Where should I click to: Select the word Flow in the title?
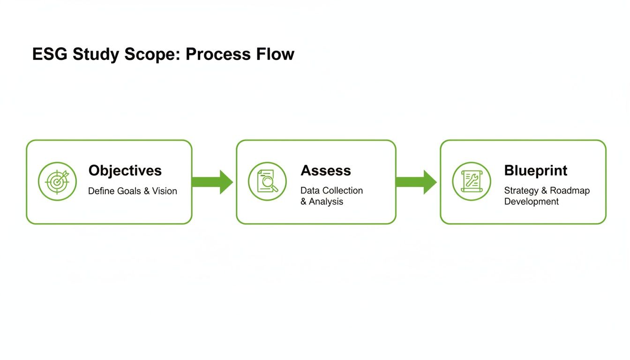[275, 54]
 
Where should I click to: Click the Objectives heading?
[125, 170]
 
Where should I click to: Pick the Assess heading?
[325, 170]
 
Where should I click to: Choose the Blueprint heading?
[535, 170]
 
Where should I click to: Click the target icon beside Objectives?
[57, 181]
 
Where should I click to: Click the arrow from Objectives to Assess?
[212, 182]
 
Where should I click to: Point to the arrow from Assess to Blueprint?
[416, 182]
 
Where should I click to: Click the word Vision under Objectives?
[165, 191]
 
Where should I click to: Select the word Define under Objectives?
[101, 191]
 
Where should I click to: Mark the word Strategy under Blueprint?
[521, 191]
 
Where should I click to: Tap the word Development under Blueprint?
[531, 202]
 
